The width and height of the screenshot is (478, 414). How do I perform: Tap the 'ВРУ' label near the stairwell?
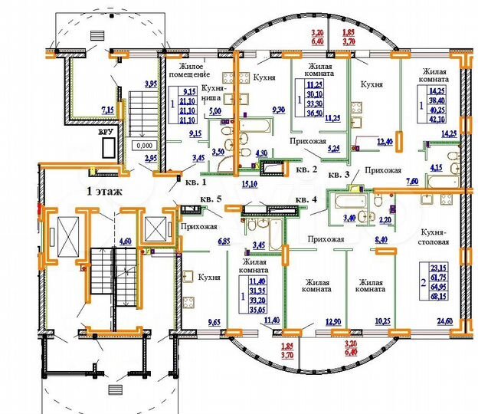pos(106,131)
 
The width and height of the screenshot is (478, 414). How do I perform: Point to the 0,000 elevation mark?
pos(143,143)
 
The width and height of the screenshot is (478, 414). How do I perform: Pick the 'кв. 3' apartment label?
pos(338,176)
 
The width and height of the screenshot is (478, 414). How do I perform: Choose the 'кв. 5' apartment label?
pos(211,199)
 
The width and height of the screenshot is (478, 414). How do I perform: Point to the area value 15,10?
pos(248,184)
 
